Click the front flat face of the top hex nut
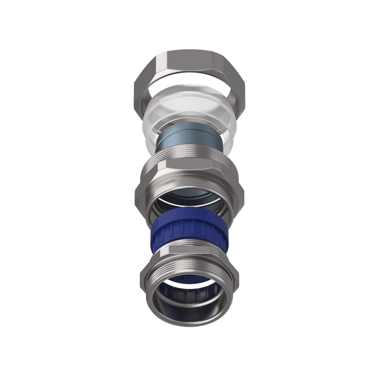click(x=189, y=61)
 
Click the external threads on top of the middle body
click(x=189, y=156)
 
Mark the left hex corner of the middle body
click(x=138, y=192)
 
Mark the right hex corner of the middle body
click(x=241, y=192)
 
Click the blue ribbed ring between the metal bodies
click(x=189, y=231)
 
